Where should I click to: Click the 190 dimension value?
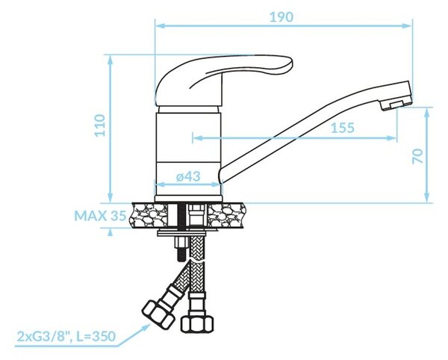[281, 17]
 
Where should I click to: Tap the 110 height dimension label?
[100, 125]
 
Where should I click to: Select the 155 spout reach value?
[342, 128]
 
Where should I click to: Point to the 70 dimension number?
[417, 156]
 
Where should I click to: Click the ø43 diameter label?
[188, 176]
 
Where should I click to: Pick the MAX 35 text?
[100, 216]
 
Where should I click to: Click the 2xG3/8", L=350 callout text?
[66, 336]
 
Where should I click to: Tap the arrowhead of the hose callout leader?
[146, 327]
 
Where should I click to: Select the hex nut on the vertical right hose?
[197, 323]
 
